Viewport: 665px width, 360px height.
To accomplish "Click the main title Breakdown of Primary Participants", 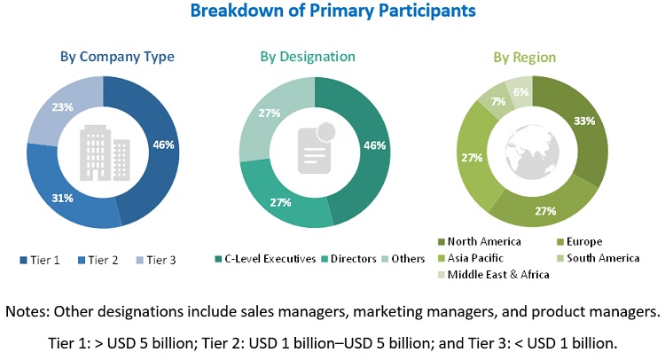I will (x=332, y=12).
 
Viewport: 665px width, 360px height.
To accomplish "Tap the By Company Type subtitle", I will (x=117, y=58).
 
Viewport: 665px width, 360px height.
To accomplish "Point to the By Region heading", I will (x=525, y=58).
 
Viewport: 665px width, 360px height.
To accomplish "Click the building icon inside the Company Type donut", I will (x=103, y=151).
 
